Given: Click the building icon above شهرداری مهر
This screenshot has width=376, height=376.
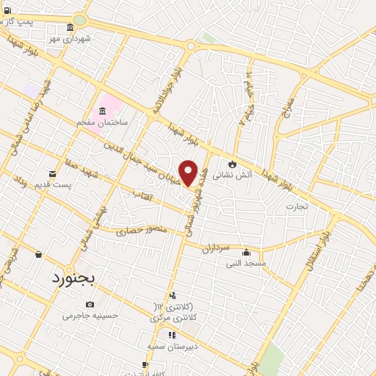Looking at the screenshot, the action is (x=70, y=27).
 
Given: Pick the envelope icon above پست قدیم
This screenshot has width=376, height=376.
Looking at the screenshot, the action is (x=51, y=173).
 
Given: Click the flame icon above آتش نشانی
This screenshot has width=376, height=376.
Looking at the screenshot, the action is (x=232, y=164).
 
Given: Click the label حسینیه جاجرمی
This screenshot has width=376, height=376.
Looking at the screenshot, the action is (x=90, y=315).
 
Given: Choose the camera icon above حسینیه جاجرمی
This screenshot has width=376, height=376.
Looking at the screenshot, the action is (x=90, y=304).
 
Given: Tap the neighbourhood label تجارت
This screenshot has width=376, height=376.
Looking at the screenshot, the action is (x=297, y=206).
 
